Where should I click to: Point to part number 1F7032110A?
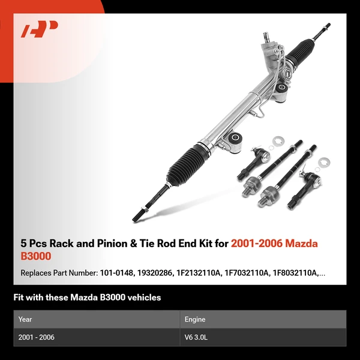coord(248,274)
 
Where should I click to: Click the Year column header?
coord(25,319)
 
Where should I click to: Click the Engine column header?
coord(196,319)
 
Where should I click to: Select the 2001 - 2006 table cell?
coord(37,337)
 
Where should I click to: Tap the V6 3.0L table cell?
coord(197,337)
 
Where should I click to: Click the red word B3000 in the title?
coord(36,256)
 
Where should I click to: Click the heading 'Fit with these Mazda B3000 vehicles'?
coord(87,298)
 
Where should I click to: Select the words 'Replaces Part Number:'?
coord(58,274)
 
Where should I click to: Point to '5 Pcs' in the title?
coord(33,244)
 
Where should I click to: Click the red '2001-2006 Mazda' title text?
coord(275,244)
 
